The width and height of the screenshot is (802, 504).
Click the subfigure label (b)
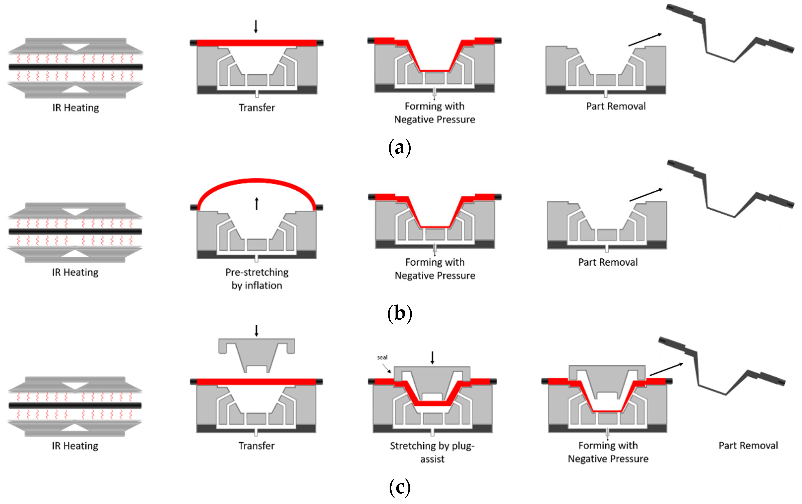point(400,314)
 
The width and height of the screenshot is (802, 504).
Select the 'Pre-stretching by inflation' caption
point(257,279)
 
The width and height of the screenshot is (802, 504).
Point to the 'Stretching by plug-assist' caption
point(432,452)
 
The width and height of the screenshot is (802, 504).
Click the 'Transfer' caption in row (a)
point(257,108)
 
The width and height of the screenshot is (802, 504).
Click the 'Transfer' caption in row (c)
point(256,446)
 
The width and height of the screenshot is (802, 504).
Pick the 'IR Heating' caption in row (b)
point(75,272)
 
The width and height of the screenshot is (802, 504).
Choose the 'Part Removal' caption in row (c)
point(748,446)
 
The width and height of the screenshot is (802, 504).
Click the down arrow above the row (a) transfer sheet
point(256,26)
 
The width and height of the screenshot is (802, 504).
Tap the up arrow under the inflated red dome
point(257,203)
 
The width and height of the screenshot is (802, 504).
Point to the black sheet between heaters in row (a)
point(76,67)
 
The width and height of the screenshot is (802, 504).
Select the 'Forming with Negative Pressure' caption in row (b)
point(435,269)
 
